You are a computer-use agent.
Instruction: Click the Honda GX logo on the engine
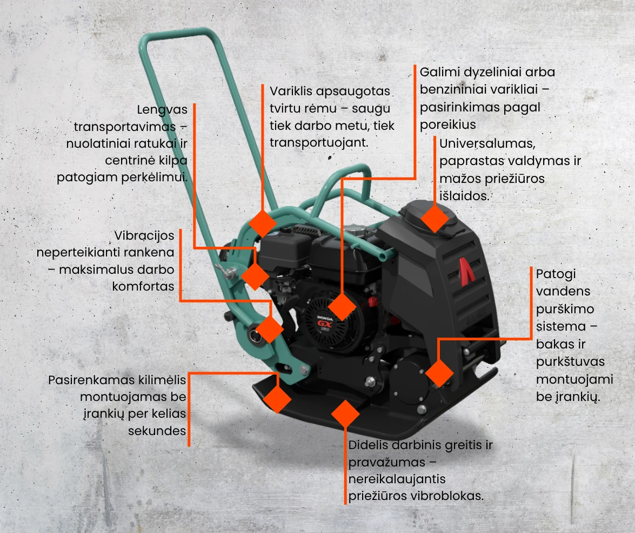pyautogui.click(x=325, y=323)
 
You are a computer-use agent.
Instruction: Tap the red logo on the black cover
pyautogui.click(x=466, y=271)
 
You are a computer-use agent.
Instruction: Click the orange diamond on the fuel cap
pyautogui.click(x=435, y=218)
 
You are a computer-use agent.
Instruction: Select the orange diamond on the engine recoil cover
pyautogui.click(x=342, y=307)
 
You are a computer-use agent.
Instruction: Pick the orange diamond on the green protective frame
pyautogui.click(x=263, y=223)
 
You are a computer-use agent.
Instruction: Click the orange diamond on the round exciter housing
pyautogui.click(x=439, y=373)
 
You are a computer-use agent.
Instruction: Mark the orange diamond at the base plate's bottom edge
pyautogui.click(x=345, y=414)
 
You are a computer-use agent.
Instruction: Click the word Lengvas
pyautogui.click(x=162, y=110)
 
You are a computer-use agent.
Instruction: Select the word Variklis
pyautogui.click(x=291, y=91)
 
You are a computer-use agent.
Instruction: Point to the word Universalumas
pyautogui.click(x=487, y=143)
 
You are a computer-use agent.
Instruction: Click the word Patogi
pyautogui.click(x=556, y=274)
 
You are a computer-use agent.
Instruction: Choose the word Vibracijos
pyautogui.click(x=144, y=236)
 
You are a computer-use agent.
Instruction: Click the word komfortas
pyautogui.click(x=143, y=286)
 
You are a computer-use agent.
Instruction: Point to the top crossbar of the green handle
pyautogui.click(x=173, y=35)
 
